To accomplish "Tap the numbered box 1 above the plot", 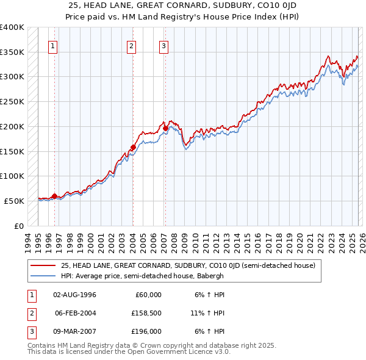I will coord(54,45).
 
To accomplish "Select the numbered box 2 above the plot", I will coord(132,45).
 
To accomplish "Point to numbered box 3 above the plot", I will coord(164,45).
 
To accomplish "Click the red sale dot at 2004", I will coord(133,147).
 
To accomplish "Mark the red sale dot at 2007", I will coord(165,128).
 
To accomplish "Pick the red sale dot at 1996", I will coord(54,196).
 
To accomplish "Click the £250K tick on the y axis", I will coord(12,102).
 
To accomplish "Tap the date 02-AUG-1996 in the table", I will coord(74,295).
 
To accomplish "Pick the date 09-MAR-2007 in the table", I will coord(75,331).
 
